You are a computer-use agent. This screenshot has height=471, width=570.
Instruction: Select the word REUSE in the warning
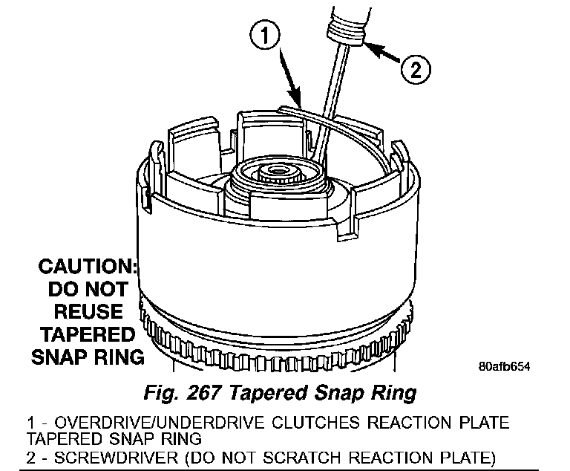coord(88,311)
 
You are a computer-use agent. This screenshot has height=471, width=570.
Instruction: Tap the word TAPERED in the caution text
coord(87,334)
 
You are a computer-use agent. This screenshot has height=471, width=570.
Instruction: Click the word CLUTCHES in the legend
coord(295,423)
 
